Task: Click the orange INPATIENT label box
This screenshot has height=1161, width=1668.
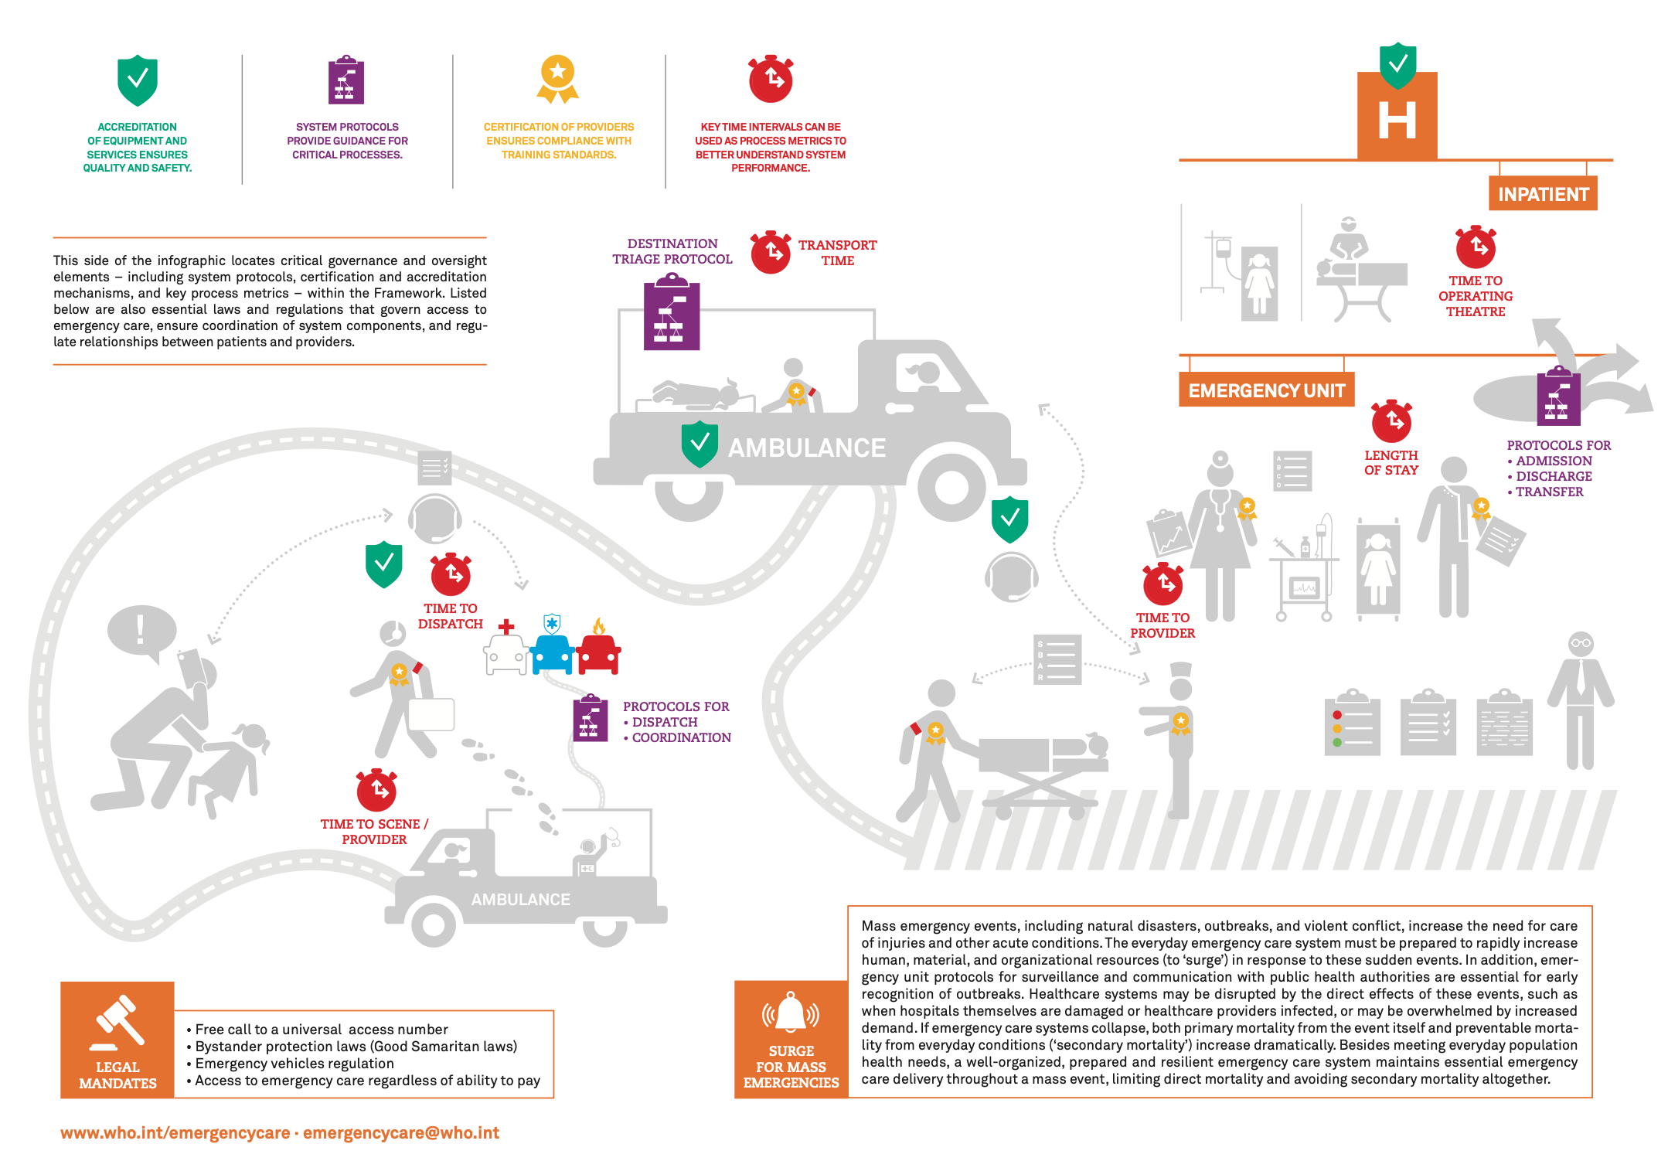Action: coord(1543,193)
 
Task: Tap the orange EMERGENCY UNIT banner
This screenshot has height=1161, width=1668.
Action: coord(1266,390)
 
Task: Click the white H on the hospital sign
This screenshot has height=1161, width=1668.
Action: coord(1397,120)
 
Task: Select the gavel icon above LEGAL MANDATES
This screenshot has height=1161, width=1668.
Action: coord(117,1023)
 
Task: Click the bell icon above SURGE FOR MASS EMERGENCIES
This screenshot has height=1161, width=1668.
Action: coord(791,1013)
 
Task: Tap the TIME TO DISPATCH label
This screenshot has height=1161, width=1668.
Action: coord(451,616)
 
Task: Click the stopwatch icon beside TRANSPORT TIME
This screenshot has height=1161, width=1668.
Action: coord(771,251)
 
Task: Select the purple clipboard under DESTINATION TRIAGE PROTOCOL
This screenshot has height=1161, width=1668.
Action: coord(672,315)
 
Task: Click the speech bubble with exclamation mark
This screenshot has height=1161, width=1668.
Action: coord(141,632)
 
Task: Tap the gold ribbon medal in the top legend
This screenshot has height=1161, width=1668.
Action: coord(557,79)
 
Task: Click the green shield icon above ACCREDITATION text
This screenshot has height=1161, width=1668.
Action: coord(138,80)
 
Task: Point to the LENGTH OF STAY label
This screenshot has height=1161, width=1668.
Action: coord(1391,462)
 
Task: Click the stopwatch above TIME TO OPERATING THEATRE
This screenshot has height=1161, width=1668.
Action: coord(1476,247)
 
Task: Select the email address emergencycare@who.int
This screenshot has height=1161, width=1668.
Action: coord(401,1132)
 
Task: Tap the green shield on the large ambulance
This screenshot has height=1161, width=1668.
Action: coord(700,444)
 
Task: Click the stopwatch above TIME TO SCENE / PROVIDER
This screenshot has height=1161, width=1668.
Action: coord(376,789)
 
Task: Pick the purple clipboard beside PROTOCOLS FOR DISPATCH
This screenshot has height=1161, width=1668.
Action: coord(590,718)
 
